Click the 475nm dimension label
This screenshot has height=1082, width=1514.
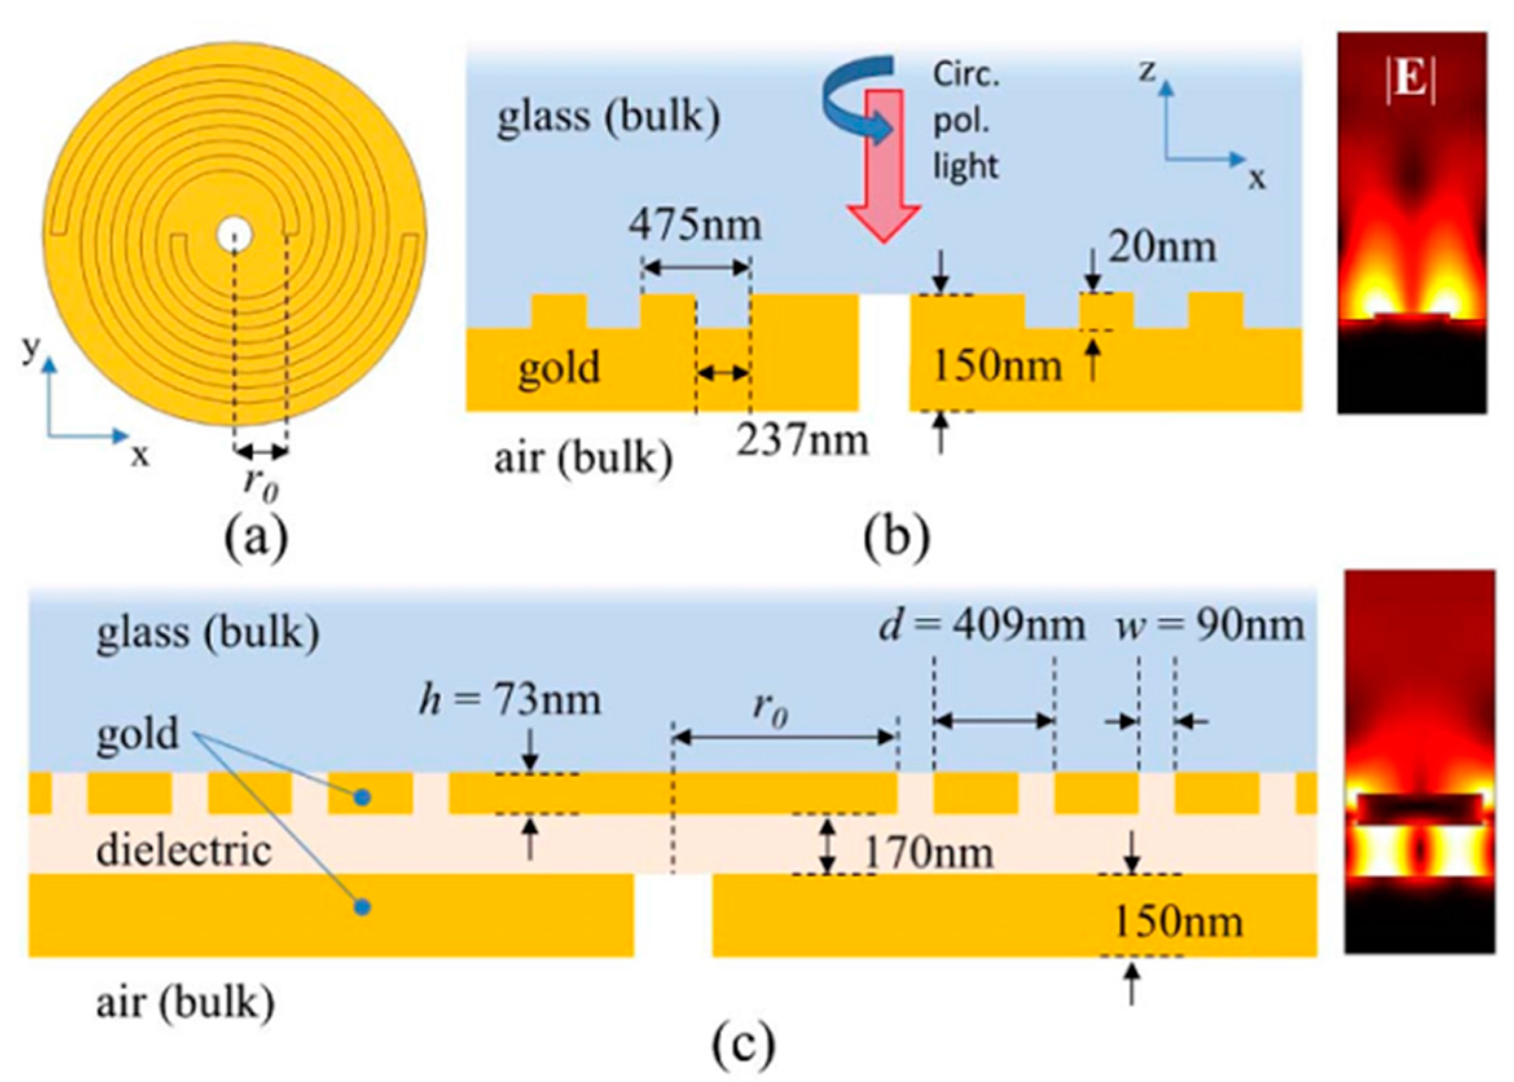click(x=695, y=225)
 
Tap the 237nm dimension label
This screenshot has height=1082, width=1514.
click(x=802, y=440)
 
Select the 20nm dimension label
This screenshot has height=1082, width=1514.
click(x=1162, y=248)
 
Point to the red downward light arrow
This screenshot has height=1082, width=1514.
click(x=884, y=167)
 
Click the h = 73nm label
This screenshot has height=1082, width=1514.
click(x=510, y=701)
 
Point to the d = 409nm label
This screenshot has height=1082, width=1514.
click(x=982, y=626)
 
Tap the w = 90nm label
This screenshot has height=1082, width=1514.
click(x=1210, y=626)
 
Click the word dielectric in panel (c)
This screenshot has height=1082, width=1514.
click(x=184, y=851)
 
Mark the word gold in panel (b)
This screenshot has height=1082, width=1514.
click(x=559, y=368)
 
